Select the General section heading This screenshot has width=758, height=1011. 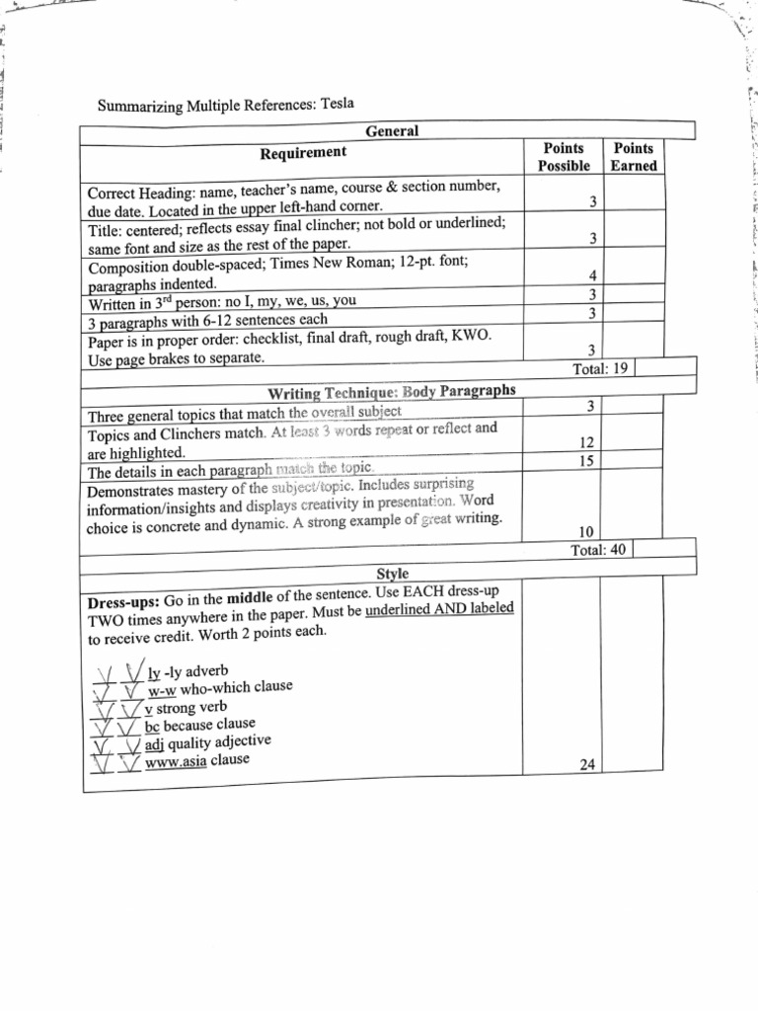pos(392,130)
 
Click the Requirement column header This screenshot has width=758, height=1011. pos(303,152)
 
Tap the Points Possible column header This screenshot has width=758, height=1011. pos(564,157)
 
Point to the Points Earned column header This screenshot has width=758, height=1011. pos(633,157)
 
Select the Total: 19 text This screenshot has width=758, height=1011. pos(601,368)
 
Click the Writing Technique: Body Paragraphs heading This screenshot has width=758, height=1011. pos(392,391)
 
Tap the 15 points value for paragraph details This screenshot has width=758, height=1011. pos(586,461)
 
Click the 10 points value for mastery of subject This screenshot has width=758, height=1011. pos(586,532)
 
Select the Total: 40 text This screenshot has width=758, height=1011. pos(598,550)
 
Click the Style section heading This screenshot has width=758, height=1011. pos(392,573)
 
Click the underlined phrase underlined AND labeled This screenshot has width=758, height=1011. pos(439,609)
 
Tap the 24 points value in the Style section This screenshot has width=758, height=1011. pos(586,763)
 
